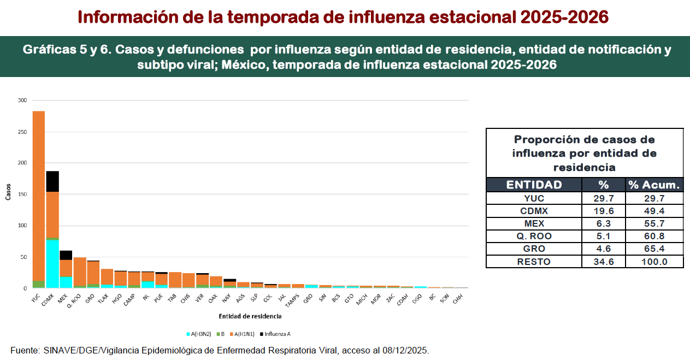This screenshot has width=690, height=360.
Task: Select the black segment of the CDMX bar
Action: (52, 181)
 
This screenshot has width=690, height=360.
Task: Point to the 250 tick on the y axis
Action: (22, 132)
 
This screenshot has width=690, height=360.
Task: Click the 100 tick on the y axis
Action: (22, 226)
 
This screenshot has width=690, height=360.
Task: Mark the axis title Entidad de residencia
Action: (250, 316)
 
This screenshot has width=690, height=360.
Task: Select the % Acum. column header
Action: (654, 185)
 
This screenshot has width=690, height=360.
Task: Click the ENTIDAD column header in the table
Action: (534, 185)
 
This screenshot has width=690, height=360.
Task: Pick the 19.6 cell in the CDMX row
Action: (603, 211)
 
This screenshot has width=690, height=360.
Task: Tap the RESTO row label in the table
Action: (534, 262)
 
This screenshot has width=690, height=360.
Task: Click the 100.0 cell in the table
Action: (654, 262)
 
